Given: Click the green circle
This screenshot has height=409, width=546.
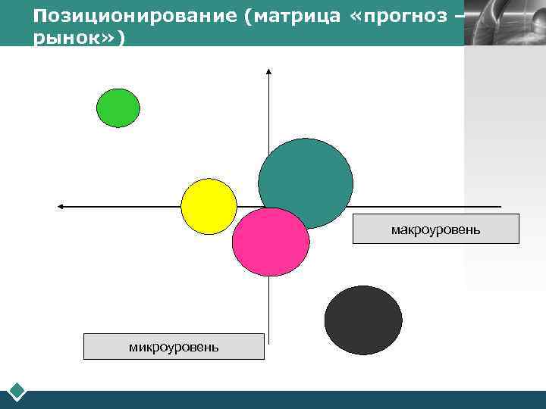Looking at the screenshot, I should pyautogui.click(x=118, y=108).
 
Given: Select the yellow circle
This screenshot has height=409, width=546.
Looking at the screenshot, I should pyautogui.click(x=209, y=206).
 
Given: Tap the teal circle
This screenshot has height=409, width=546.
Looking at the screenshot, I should pyautogui.click(x=306, y=182).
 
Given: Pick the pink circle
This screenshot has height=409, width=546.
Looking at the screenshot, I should pyautogui.click(x=271, y=242).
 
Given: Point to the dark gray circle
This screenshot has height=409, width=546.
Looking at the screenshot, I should pyautogui.click(x=363, y=320).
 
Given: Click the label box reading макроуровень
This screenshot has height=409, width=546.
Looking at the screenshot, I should pyautogui.click(x=435, y=229).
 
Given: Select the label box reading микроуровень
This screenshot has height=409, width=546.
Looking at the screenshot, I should pyautogui.click(x=174, y=346).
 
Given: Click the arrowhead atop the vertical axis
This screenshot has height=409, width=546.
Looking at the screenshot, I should pyautogui.click(x=269, y=72).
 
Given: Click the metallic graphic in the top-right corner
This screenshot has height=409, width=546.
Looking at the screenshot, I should pyautogui.click(x=504, y=23).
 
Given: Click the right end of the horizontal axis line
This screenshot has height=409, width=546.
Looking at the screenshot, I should pyautogui.click(x=500, y=206).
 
